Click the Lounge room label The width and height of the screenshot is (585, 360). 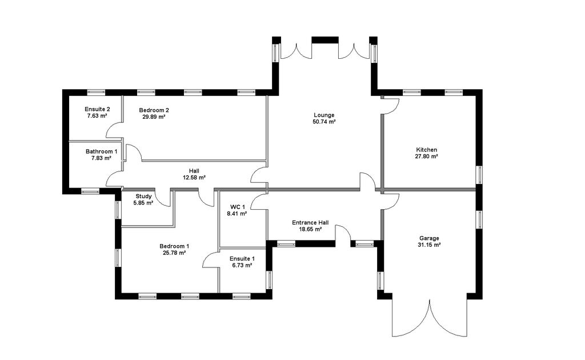(x=324, y=115)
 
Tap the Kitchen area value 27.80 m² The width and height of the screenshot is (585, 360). (x=427, y=157)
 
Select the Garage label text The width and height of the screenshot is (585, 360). (x=428, y=238)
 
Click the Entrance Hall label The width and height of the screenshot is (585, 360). (x=310, y=222)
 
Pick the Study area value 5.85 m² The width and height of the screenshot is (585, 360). (x=143, y=203)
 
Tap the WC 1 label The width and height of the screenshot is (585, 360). (x=238, y=207)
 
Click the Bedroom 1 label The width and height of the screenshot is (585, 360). (x=174, y=246)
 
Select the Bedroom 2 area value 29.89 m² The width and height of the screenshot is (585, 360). (x=154, y=117)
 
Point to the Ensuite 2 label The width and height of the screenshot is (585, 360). (x=97, y=109)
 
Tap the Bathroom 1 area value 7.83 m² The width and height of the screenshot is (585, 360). (x=101, y=158)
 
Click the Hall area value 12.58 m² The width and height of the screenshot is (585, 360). (x=194, y=178)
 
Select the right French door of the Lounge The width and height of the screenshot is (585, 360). (x=352, y=50)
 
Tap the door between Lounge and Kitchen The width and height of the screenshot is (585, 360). (x=391, y=106)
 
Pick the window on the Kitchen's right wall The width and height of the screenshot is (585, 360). (x=479, y=175)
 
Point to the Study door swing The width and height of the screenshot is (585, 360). (x=164, y=199)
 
